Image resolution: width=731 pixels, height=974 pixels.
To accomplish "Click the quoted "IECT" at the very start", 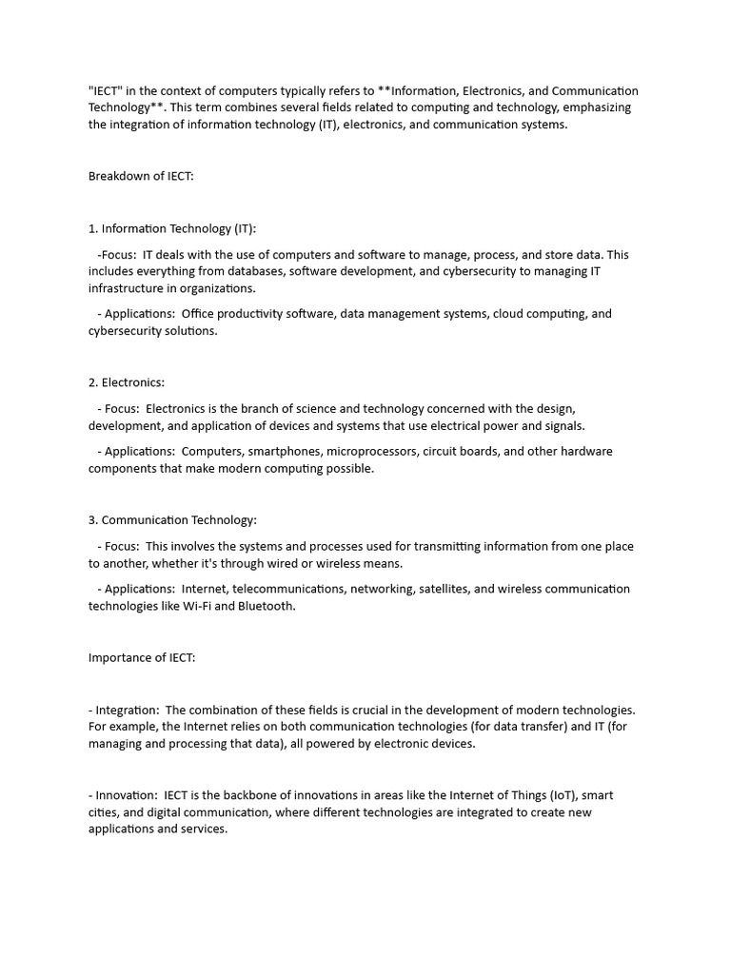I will pos(107,90).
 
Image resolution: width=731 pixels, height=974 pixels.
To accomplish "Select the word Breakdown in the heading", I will pos(118,176).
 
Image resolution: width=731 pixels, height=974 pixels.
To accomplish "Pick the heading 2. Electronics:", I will pos(127,382).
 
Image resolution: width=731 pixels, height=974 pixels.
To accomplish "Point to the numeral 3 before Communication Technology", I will pos(92,520).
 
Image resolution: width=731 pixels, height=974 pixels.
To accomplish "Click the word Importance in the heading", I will pos(120,657).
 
